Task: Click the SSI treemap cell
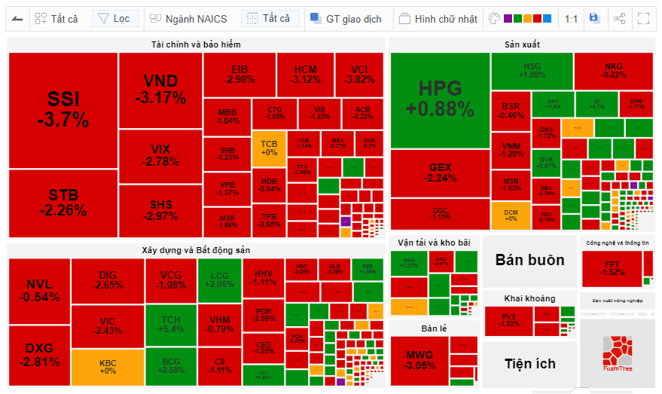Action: click(63, 110)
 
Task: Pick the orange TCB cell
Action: click(269, 148)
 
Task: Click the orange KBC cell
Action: click(108, 367)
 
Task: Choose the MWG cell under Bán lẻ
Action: click(419, 360)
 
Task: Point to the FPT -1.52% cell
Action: click(612, 268)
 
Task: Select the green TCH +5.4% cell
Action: click(171, 325)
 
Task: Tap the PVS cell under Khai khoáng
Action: click(509, 319)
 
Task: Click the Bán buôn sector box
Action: click(529, 260)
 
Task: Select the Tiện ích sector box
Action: click(529, 364)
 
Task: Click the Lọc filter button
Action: click(114, 19)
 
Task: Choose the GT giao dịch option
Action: click(346, 19)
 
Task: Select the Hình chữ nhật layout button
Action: click(438, 19)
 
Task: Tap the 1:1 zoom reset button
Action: click(571, 19)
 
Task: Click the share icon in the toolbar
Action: click(619, 19)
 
